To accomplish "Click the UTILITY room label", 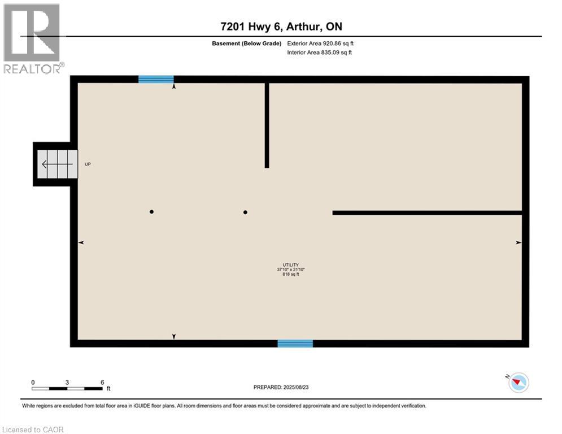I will [291, 264].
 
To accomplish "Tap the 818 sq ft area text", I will [290, 275].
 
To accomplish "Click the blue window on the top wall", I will [156, 80].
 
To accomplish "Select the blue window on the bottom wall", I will [295, 343].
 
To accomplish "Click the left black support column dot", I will [151, 212].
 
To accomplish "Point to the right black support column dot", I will [245, 212].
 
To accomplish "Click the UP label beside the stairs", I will [88, 164].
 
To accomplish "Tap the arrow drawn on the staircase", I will [56, 164].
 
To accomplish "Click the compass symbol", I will [518, 383].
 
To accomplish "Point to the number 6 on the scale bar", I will [102, 383].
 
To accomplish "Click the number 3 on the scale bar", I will [67, 383].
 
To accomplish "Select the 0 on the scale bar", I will [33, 383].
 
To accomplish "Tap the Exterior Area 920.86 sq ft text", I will [320, 43].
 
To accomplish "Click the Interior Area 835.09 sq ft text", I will [320, 53].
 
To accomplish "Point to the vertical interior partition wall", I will [267, 125].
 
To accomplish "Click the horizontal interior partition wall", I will [427, 212].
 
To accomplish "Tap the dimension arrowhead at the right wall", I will [518, 242].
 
